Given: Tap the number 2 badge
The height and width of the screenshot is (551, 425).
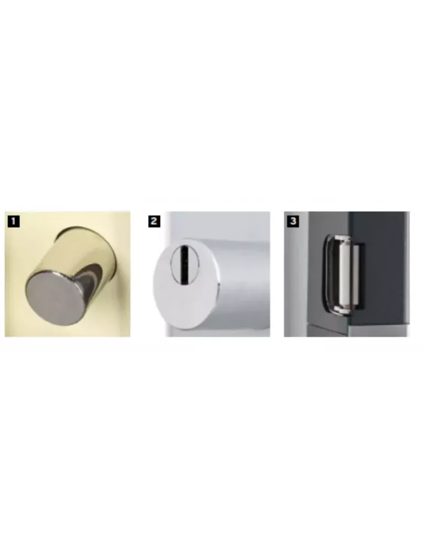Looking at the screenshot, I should tap(154, 222).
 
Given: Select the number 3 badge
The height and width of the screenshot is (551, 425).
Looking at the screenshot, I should tap(293, 222).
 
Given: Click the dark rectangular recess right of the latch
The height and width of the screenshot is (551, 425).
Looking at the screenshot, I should tap(356, 275).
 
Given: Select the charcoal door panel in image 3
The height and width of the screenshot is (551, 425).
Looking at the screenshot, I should tap(386, 264).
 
